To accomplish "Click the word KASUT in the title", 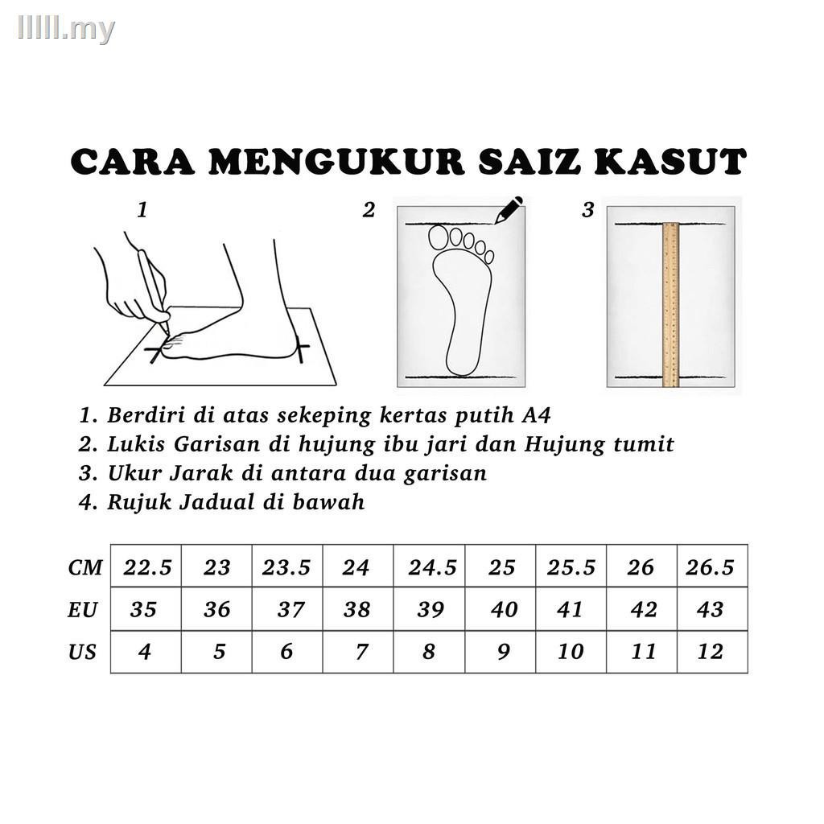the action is point(670,161).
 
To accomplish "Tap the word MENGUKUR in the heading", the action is point(336,161).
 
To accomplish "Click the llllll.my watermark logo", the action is point(66,28).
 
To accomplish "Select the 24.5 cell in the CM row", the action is point(430,566).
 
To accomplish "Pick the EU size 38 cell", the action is point(358,609).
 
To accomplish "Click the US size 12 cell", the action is point(712,652).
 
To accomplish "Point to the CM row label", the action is point(85,567).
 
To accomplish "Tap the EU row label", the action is point(83,610).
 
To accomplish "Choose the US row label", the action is point(82,652).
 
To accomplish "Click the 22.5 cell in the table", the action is point(146,566).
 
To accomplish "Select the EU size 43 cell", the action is point(712,609).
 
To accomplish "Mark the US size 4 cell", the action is point(146,652).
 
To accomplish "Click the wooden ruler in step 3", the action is point(670,305).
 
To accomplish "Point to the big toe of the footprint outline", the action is point(438,237).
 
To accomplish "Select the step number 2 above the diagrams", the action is point(369,210).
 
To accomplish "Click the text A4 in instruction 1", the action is point(536,415).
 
